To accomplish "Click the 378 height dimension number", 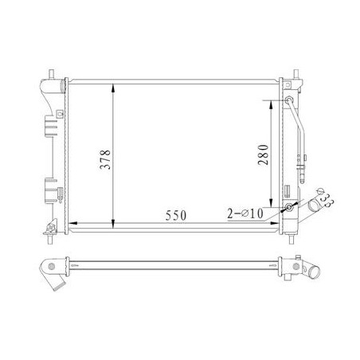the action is tap(105, 159).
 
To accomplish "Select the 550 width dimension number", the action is tap(176, 215).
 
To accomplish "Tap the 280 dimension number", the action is tap(263, 155).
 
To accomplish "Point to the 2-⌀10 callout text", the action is tap(245, 213).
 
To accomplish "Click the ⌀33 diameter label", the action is tap(324, 197).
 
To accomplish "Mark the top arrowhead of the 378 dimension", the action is tap(113, 88).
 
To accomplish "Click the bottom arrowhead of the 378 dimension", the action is tap(113, 224).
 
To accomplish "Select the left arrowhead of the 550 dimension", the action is tap(73, 223).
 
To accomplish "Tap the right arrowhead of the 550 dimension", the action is tap(275, 223).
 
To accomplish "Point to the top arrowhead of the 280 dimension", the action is tap(271, 105).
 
